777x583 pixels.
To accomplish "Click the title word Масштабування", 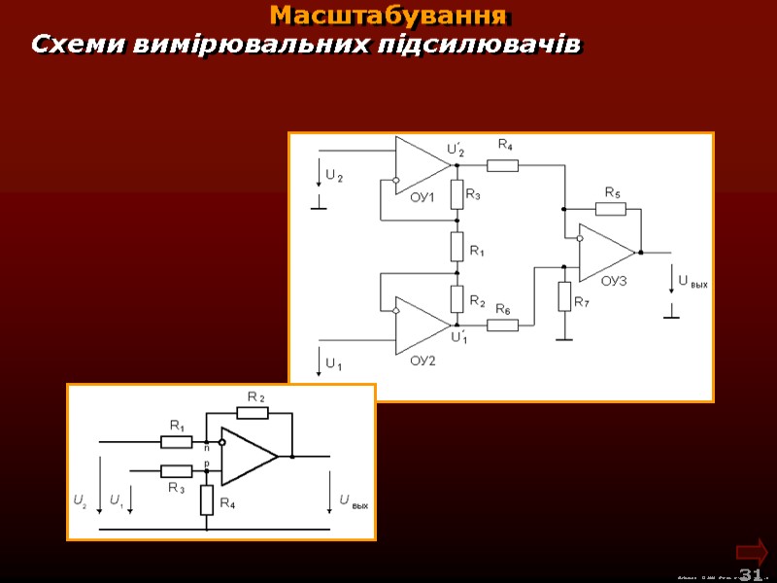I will coord(388,16).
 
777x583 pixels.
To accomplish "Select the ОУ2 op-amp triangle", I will coord(422,326).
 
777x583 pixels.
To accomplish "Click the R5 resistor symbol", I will coord(610,208).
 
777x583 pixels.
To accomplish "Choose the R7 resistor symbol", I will coord(564,295).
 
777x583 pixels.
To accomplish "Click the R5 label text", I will coord(613,192).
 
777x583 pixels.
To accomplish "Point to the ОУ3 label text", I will coord(615,281).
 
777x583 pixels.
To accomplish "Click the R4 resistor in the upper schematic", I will coord(502,165).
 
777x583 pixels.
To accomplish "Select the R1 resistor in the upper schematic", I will coord(456,247).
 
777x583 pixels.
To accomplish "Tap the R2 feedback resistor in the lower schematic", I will coord(252,413).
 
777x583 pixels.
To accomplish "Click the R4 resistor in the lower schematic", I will coord(207,499).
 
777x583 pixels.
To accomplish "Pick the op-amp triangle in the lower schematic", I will coord(249,456).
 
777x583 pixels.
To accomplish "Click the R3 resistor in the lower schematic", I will coord(176,470).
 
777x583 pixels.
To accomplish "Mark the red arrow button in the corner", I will coord(753,551).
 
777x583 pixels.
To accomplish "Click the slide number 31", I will coord(750,574).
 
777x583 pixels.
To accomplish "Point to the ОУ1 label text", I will coord(422,198).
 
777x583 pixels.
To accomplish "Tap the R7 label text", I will coord(581,302).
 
